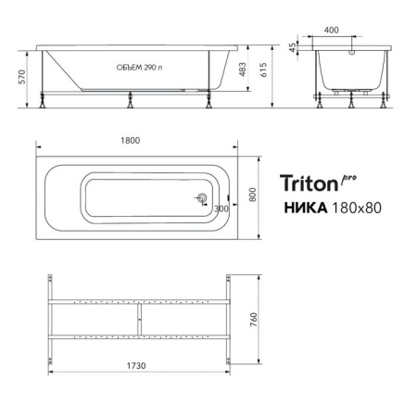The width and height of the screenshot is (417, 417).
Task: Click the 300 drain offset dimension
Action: tap(220, 208)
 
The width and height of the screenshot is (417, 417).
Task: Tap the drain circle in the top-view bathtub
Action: tap(202, 196)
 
